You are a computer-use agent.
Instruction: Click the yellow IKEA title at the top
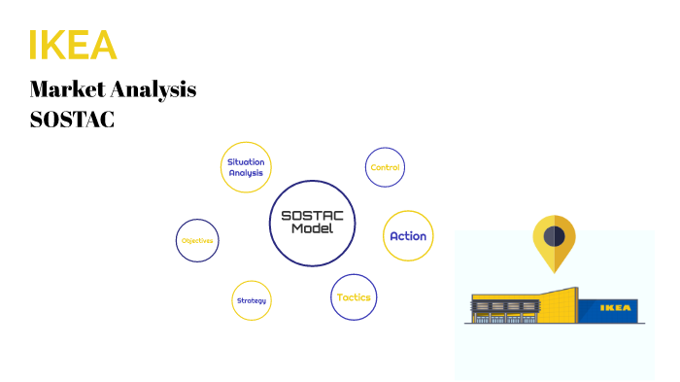coord(73,45)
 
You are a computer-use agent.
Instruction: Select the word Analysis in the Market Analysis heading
coord(155,90)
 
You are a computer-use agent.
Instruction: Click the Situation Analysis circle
coord(246,166)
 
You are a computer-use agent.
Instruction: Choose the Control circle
coord(385,167)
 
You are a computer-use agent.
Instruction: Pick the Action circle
coord(408,236)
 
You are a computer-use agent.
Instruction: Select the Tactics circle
coord(354,297)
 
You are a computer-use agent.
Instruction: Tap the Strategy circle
coord(251,300)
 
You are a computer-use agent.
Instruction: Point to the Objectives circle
coord(197,240)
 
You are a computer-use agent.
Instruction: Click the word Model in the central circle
coord(312,228)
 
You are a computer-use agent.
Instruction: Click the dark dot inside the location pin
coord(554,234)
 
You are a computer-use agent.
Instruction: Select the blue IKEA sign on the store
coord(618,309)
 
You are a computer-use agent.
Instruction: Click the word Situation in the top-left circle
coord(246,160)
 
